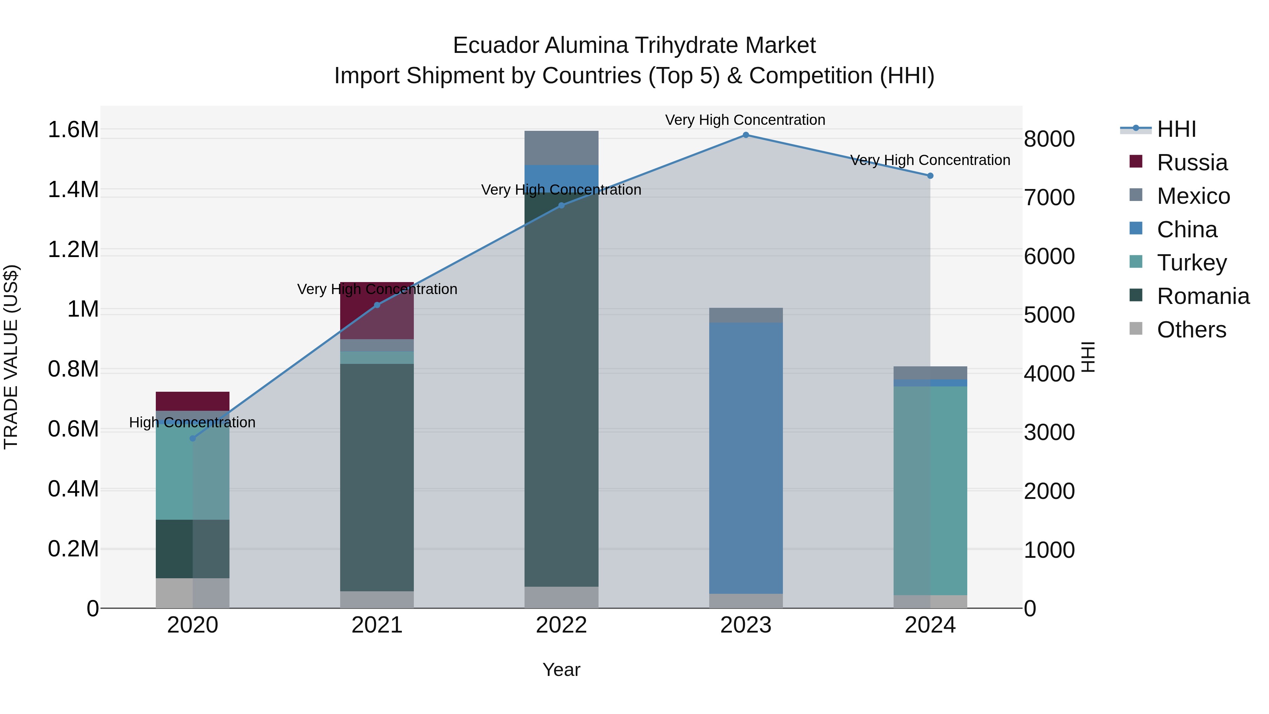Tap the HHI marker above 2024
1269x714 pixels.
tap(930, 176)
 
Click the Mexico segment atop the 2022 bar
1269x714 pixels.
tap(561, 148)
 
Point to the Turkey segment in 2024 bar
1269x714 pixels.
tap(930, 490)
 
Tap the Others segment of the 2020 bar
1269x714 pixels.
tap(192, 593)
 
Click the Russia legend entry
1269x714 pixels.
tap(1192, 163)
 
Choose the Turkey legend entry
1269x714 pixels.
tap(1192, 263)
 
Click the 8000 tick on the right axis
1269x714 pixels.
tap(1049, 139)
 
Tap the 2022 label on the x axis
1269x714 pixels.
tap(561, 625)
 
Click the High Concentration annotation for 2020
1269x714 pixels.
tap(192, 422)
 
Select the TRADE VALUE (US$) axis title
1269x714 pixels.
tap(11, 357)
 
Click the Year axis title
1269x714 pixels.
tap(561, 670)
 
